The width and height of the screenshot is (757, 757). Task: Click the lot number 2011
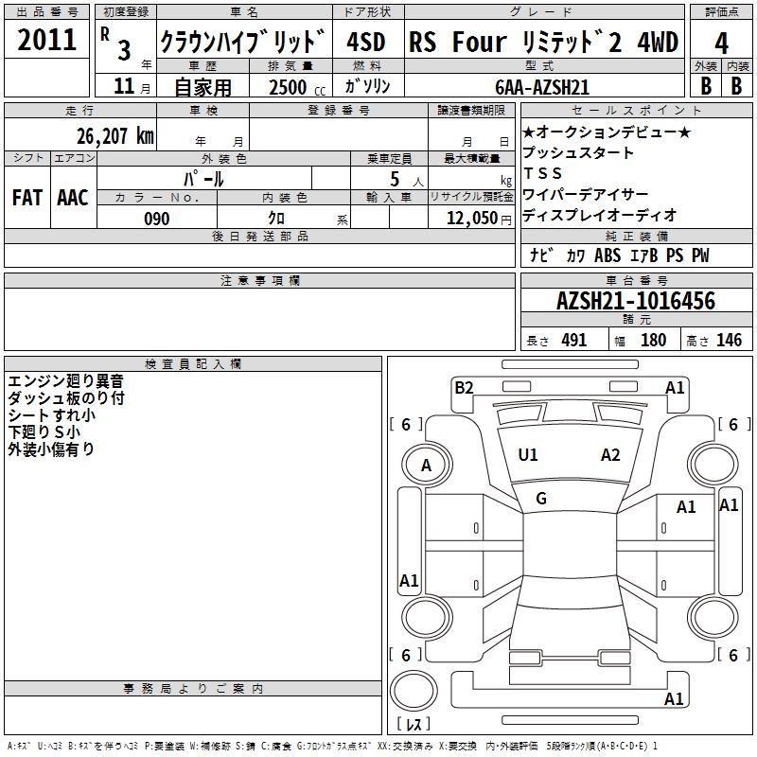pos(46,40)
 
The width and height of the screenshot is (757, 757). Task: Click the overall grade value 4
pos(721,44)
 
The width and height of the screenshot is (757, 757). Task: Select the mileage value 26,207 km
pos(114,136)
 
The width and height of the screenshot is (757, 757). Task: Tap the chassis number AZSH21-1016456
pos(636,301)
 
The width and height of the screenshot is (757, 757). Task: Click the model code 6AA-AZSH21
pos(542,87)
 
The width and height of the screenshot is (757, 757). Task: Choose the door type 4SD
pos(366,42)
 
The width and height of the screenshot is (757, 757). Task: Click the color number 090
pos(157,219)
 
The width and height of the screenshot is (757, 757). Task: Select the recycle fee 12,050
pos(472,219)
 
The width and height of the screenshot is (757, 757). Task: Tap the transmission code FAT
pos(27,198)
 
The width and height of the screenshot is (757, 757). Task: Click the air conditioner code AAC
pos(73,198)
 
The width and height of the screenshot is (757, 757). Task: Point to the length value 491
pos(574,340)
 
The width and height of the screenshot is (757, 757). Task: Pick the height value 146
pos(729,340)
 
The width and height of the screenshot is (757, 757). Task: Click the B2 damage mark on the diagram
pos(464,388)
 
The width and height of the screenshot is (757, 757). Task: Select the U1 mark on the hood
pos(528,455)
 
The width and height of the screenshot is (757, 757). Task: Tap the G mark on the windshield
pos(541,499)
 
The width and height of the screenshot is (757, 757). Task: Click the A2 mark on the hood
pos(610,455)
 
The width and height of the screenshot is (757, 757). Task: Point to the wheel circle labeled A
pos(427,465)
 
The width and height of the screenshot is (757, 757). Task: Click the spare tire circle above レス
pos(414,691)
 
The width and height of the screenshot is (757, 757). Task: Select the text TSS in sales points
pos(542,173)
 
